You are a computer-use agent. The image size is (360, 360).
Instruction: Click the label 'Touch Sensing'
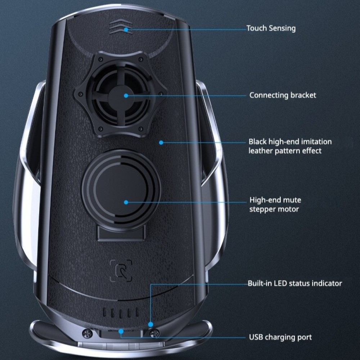(x=271, y=28)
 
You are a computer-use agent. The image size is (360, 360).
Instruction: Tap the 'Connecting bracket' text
(x=283, y=95)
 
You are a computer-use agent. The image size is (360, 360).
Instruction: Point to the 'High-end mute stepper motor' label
(x=275, y=204)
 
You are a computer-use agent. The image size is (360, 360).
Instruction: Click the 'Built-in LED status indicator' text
(x=294, y=283)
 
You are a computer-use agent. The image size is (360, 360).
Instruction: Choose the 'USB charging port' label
(x=280, y=337)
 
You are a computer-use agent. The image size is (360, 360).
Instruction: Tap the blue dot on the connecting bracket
(x=126, y=95)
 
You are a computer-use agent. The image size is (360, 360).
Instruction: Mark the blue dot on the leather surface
(x=161, y=143)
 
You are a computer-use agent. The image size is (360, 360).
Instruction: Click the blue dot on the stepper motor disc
(x=126, y=202)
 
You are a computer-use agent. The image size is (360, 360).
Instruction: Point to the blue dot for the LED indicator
(x=150, y=325)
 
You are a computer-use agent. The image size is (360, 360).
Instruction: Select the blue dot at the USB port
(x=121, y=331)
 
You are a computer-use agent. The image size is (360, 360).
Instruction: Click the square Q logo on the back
(x=121, y=271)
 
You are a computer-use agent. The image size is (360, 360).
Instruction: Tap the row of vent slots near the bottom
(x=121, y=312)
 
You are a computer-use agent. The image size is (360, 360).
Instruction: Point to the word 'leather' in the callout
(x=261, y=151)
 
